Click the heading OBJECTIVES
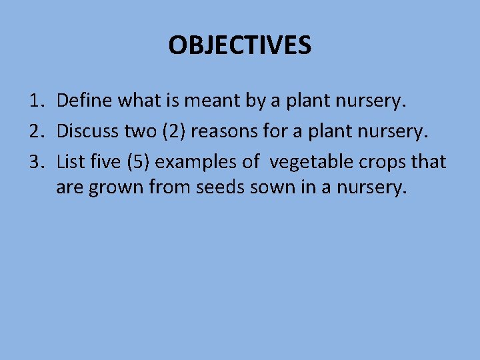(x=239, y=45)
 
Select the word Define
(x=85, y=101)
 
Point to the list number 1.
(x=36, y=101)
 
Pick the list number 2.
(x=36, y=131)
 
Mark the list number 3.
(x=36, y=161)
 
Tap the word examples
(x=191, y=161)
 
